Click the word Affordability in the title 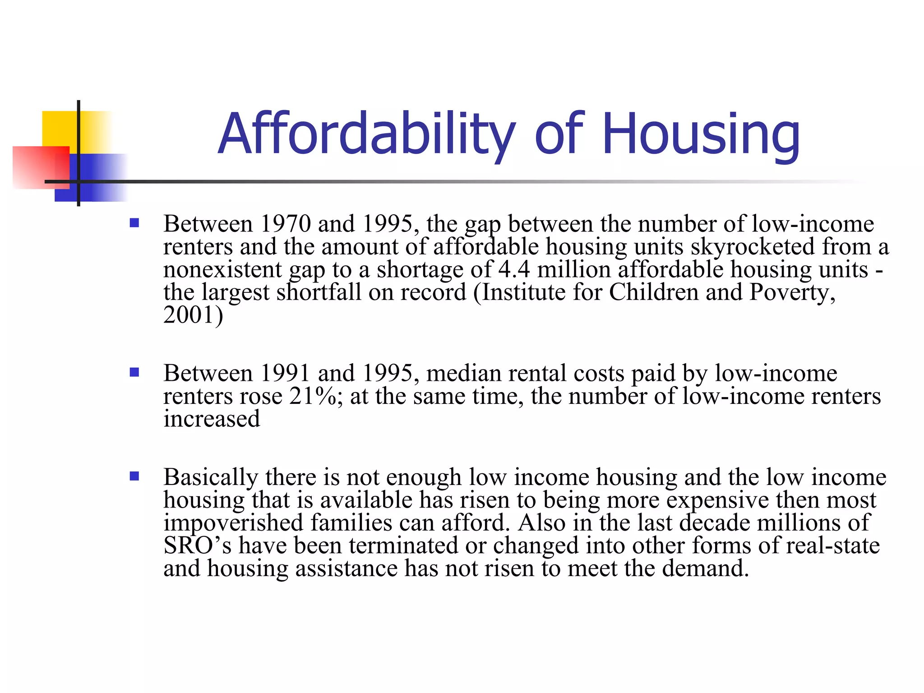pos(365,134)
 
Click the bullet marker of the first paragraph pos(134,223)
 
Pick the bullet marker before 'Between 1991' pos(134,372)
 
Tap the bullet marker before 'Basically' pos(134,476)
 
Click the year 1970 pos(286,224)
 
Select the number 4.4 pos(514,269)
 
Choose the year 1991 pos(286,373)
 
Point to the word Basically pos(211,477)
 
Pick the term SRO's pos(197,545)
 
